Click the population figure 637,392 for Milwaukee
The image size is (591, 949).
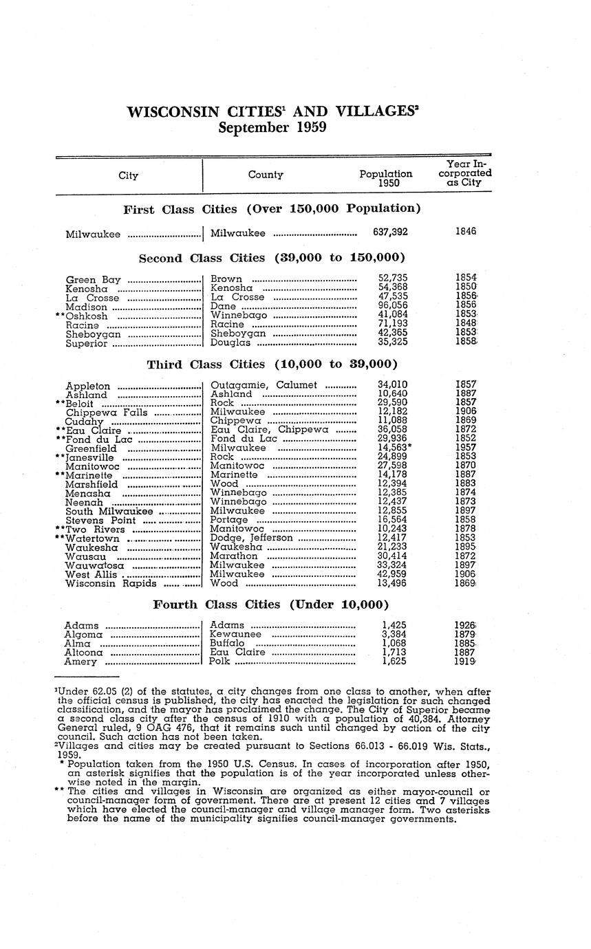[x=390, y=232]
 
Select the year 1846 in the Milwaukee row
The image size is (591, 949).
[x=466, y=232]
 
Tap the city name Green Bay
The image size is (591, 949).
[x=93, y=279]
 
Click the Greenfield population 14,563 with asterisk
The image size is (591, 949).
[x=394, y=448]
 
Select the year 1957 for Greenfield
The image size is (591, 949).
[x=466, y=448]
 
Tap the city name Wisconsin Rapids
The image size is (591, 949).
[x=111, y=584]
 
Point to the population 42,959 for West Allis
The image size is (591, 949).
[x=391, y=574]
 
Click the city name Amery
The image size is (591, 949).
[x=80, y=662]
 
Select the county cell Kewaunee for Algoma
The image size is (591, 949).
[x=235, y=634]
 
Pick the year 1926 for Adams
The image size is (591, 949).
[x=466, y=625]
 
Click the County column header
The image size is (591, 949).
[x=266, y=175]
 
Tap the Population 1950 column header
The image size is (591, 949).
[x=386, y=179]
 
